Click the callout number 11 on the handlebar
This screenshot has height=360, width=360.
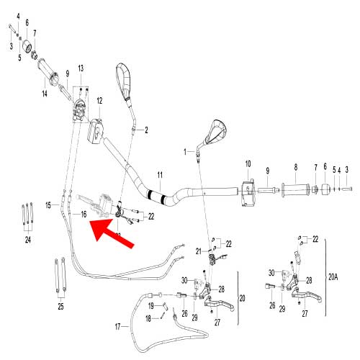coord(160,175)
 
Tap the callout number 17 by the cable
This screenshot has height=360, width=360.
coord(117,327)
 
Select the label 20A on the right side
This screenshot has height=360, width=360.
coord(333,277)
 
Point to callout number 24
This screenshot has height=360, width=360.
coord(28,240)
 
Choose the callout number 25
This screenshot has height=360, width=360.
coord(60,306)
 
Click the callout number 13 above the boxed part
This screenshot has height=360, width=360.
coord(81,68)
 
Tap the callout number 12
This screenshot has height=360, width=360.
coord(99,101)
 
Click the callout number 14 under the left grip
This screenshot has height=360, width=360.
coord(45,94)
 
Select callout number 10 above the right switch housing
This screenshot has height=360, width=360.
coord(248,164)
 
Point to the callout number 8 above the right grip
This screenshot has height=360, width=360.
coord(296,167)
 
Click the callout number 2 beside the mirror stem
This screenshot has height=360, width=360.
coord(146,130)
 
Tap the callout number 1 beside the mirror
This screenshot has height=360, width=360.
coord(185,152)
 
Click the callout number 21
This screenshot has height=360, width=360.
coord(198,251)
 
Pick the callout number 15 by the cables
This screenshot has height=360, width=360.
coord(48,205)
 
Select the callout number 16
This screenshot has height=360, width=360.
coord(84,214)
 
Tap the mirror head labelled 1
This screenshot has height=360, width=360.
coord(215,132)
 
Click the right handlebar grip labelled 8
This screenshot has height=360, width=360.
coord(296,190)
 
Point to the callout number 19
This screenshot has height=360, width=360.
coord(150,306)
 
